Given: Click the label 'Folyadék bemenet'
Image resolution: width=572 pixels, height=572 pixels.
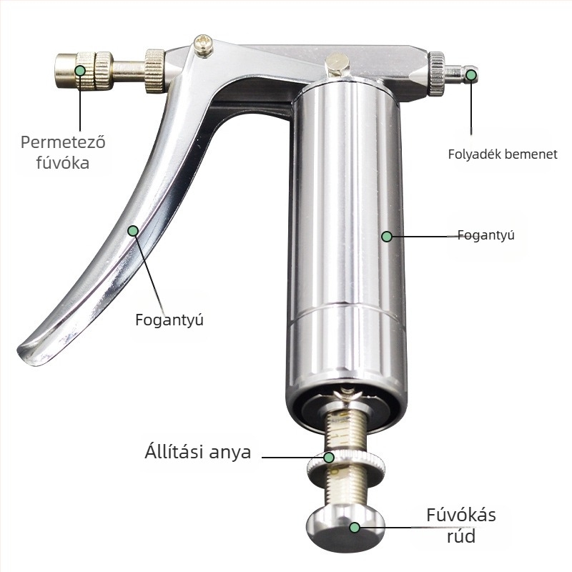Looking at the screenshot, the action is pos(503,154).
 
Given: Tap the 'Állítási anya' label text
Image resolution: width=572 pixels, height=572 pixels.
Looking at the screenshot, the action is pos(198,452).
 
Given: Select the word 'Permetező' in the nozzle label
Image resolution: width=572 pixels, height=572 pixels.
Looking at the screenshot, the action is pos(63,142).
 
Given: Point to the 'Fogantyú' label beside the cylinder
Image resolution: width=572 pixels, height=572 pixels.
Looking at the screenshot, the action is pos(486,235).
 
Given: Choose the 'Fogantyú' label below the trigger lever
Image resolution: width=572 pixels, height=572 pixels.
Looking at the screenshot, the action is pos(169,320).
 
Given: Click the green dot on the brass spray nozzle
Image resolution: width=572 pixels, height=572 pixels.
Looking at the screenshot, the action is pos(80,70).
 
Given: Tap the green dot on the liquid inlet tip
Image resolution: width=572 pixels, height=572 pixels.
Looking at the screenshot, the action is pos(471,75).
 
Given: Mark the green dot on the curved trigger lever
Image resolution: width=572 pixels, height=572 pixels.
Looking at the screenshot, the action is pos(133,230).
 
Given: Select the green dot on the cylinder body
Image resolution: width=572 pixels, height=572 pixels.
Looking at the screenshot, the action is pos(387,237).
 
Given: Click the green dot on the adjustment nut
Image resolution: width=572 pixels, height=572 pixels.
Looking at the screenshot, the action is pos(329,457).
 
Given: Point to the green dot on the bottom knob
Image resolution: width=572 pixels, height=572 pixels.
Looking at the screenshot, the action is pos(354,527).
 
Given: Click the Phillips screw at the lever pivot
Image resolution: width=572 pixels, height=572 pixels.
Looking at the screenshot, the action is pos(204,45).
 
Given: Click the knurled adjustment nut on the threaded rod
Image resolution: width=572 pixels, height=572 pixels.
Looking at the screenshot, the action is pos(346,463).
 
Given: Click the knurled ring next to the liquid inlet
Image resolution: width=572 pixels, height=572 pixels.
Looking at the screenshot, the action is pos(436,74).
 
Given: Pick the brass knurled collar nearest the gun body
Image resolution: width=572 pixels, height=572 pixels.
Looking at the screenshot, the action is pos(154,70).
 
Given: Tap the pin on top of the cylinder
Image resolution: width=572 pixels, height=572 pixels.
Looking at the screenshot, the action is pos(337,64).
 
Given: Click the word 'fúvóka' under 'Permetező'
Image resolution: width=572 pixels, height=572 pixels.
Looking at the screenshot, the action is pos(63,162).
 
